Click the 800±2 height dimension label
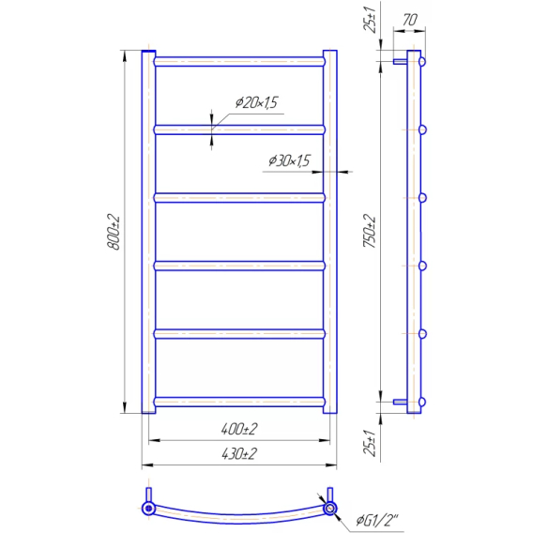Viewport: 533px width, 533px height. pos(114,232)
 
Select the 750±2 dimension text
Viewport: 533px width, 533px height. pos(370,231)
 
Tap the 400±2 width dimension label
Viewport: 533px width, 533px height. pos(239,430)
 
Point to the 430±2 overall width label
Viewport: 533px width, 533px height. pos(239,454)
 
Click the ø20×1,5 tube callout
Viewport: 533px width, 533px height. pos(256,102)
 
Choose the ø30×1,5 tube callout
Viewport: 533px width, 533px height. pos(290,160)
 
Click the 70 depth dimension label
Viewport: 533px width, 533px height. pos(410,20)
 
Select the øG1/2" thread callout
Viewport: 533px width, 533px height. pos(377,520)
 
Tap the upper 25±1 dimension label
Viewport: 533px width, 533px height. pos(370,20)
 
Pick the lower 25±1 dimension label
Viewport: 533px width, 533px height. pos(370,442)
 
